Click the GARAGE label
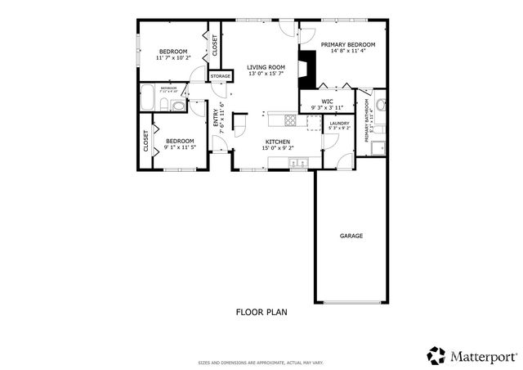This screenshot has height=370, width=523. [x=351, y=236]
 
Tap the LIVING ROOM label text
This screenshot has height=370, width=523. [x=266, y=67]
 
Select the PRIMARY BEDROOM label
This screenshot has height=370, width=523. [x=347, y=44]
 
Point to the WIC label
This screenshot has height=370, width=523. [x=327, y=102]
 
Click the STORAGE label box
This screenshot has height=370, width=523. [x=220, y=76]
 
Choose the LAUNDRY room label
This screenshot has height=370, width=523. [x=338, y=123]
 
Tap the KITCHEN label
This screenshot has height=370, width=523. [x=278, y=142]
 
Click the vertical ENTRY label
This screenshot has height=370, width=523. [x=217, y=118]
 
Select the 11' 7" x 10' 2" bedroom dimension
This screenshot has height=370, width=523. [x=172, y=58]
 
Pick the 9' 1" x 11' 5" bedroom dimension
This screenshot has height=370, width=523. [x=179, y=147]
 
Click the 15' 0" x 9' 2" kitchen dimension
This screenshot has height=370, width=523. [x=278, y=148]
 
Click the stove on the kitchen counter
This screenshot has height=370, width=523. [x=291, y=121]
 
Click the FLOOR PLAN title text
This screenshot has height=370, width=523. [x=261, y=312]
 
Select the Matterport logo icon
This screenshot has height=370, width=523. [x=436, y=355]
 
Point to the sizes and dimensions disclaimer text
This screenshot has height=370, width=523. [x=261, y=362]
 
